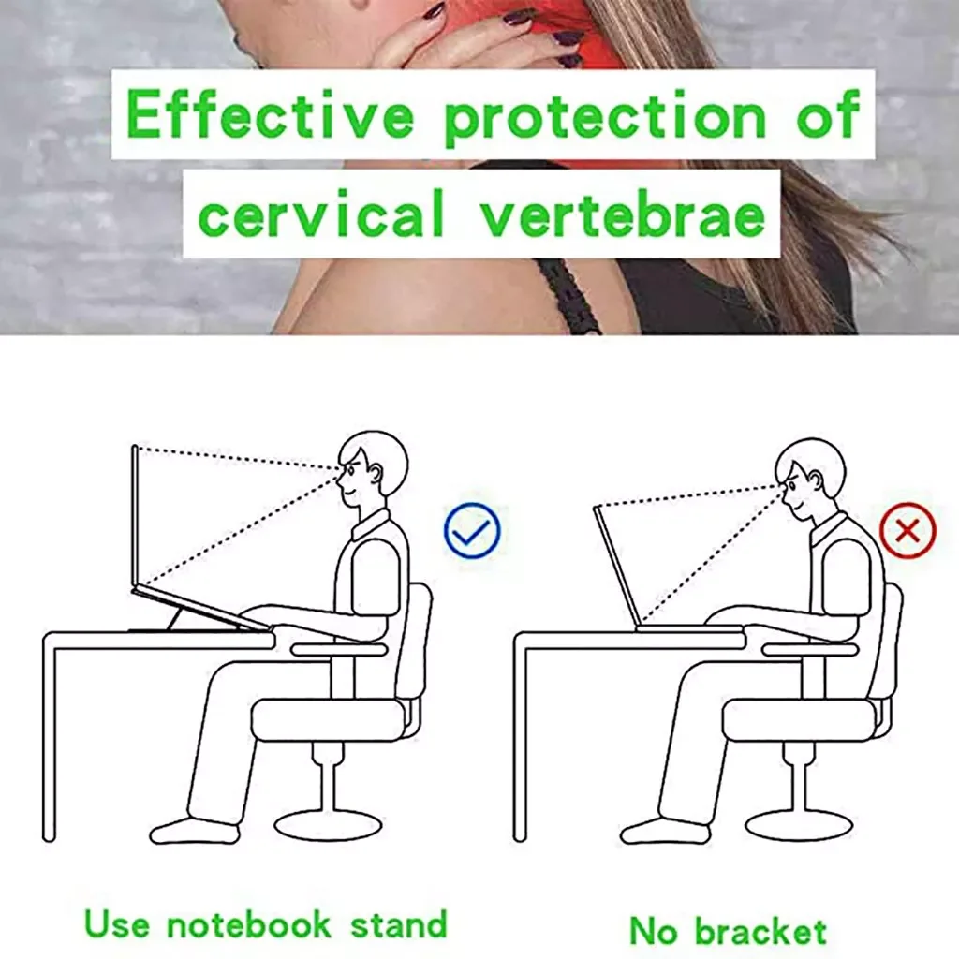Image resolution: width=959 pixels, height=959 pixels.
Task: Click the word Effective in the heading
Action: (x=271, y=114)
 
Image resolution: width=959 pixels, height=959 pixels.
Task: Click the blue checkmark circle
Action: (x=472, y=530)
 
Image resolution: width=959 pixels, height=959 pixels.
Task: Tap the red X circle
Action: (x=907, y=530)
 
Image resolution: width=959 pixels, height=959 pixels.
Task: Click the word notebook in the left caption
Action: (x=249, y=923)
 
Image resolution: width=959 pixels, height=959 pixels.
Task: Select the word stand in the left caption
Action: (x=399, y=923)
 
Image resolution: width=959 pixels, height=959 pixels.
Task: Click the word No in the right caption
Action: (x=653, y=932)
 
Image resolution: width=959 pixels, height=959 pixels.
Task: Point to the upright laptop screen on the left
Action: (x=135, y=517)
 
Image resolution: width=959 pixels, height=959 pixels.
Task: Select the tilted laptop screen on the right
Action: (x=616, y=566)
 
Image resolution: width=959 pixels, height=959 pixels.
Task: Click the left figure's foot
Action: (x=195, y=831)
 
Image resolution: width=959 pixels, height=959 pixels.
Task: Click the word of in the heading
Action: (x=829, y=114)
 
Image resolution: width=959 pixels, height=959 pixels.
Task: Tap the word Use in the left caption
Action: (x=116, y=923)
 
